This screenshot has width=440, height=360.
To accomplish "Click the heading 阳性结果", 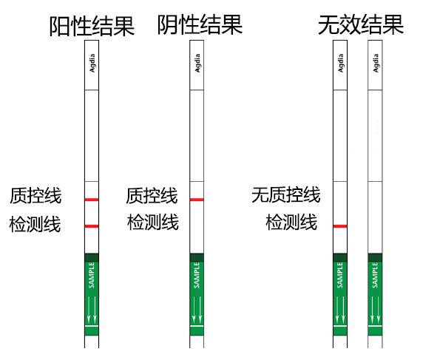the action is click(92, 26).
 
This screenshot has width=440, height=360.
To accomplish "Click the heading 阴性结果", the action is click(200, 25).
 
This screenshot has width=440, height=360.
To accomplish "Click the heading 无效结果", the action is click(361, 25).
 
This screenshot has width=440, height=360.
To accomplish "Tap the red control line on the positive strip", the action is click(92, 200).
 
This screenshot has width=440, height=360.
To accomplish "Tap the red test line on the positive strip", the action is click(92, 226).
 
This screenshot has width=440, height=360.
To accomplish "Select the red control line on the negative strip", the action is click(197, 200).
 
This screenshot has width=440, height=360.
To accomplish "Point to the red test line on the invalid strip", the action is click(340, 226).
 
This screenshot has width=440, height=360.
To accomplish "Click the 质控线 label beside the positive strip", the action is click(35, 196).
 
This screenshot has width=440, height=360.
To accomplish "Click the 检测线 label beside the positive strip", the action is click(35, 224).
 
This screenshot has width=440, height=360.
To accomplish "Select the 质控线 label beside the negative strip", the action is click(152, 196).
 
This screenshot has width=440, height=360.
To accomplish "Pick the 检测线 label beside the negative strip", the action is click(153, 223).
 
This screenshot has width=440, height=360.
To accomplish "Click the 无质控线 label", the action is click(286, 194).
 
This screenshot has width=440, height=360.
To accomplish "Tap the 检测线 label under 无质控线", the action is click(291, 223).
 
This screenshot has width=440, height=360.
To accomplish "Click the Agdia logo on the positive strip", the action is click(92, 64).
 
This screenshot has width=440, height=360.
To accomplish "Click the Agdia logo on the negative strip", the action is click(197, 64).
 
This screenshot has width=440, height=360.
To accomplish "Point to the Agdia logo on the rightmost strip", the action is click(376, 64).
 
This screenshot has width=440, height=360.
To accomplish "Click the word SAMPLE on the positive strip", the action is click(92, 275).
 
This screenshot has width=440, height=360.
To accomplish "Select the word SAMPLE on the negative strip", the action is click(197, 275).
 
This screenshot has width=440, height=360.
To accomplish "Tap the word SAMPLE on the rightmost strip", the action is click(375, 275).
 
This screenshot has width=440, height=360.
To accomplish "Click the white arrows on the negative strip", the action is click(197, 309).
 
